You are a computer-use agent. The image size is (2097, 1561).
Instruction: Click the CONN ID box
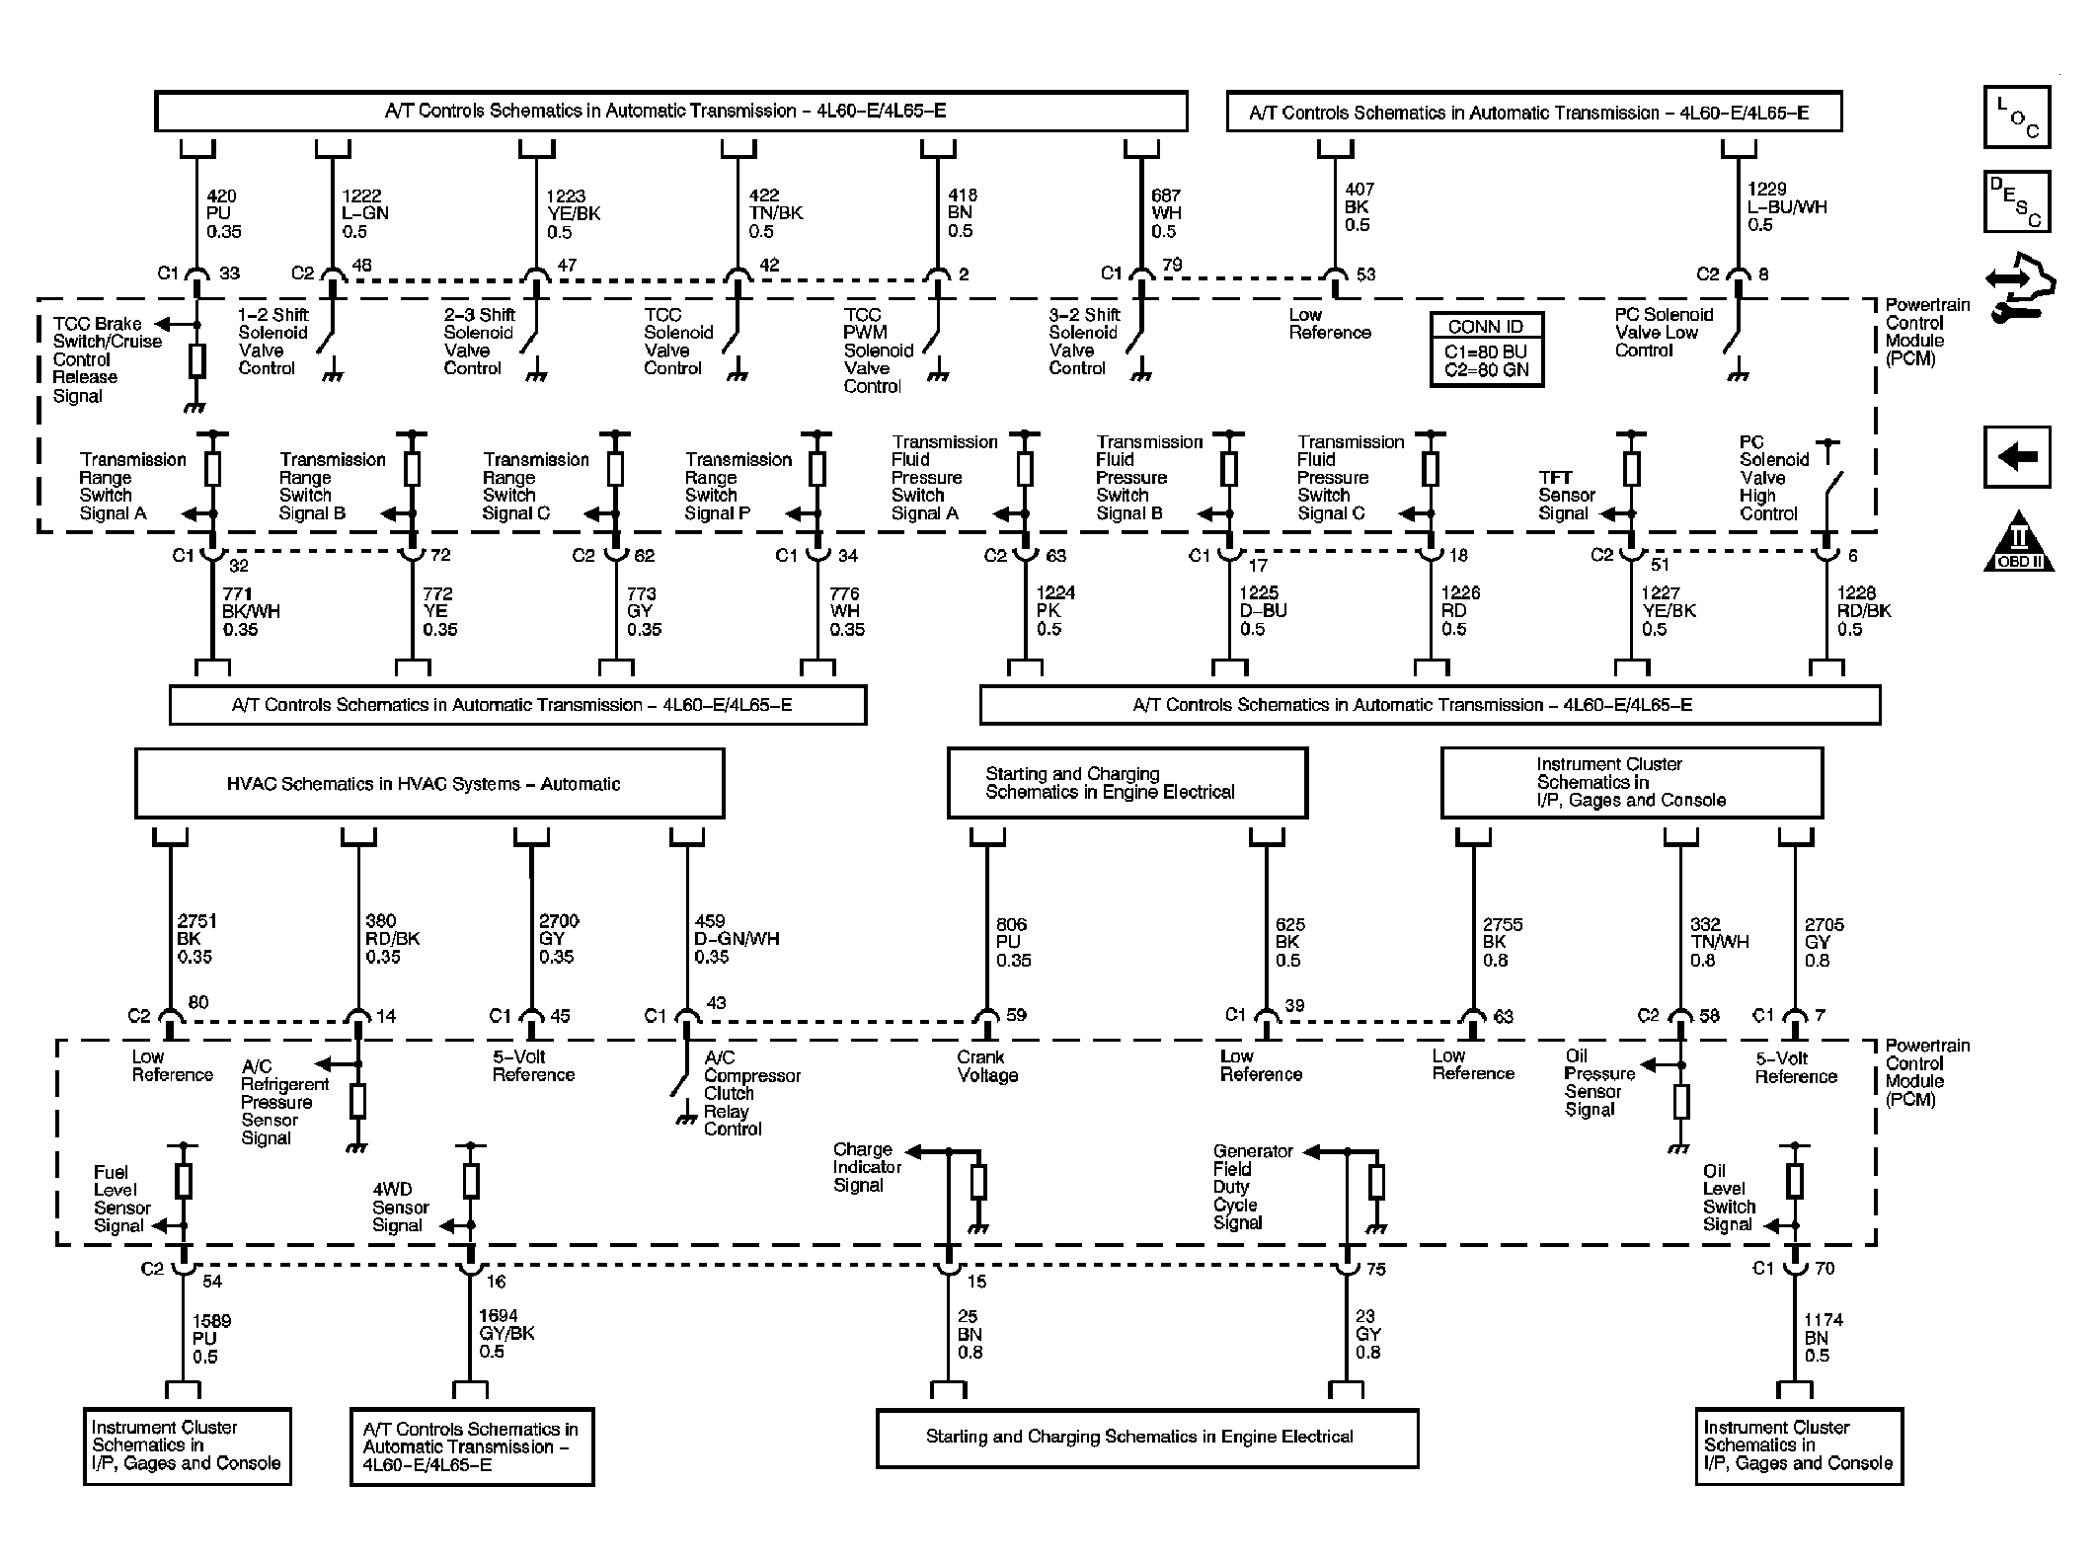pos(1486,350)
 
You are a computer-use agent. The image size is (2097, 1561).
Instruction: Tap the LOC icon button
pos(2017,117)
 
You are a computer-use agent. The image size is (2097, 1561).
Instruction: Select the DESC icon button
pos(2017,202)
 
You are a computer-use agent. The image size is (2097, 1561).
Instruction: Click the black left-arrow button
pos(2017,456)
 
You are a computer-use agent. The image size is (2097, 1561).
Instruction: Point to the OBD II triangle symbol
pos(2018,542)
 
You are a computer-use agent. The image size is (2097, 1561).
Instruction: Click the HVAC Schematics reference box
pos(429,783)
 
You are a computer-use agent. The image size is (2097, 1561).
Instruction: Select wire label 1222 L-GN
pos(365,213)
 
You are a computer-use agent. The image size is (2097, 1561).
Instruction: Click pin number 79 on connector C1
pos(1171,265)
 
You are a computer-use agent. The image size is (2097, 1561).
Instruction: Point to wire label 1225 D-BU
pos(1263,610)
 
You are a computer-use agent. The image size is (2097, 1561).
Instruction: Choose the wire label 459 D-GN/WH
pos(737,938)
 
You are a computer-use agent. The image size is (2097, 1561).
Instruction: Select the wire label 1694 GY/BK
pos(506,1333)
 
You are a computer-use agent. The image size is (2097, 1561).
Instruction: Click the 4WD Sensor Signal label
pos(400,1208)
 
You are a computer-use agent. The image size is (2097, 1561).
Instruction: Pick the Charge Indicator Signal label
pos(867,1167)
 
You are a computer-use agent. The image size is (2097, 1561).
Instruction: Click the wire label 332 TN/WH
pos(1720,942)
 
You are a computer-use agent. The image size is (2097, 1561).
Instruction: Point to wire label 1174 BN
pos(1824,1338)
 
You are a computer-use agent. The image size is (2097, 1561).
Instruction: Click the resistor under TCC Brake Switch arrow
pos(196,361)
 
